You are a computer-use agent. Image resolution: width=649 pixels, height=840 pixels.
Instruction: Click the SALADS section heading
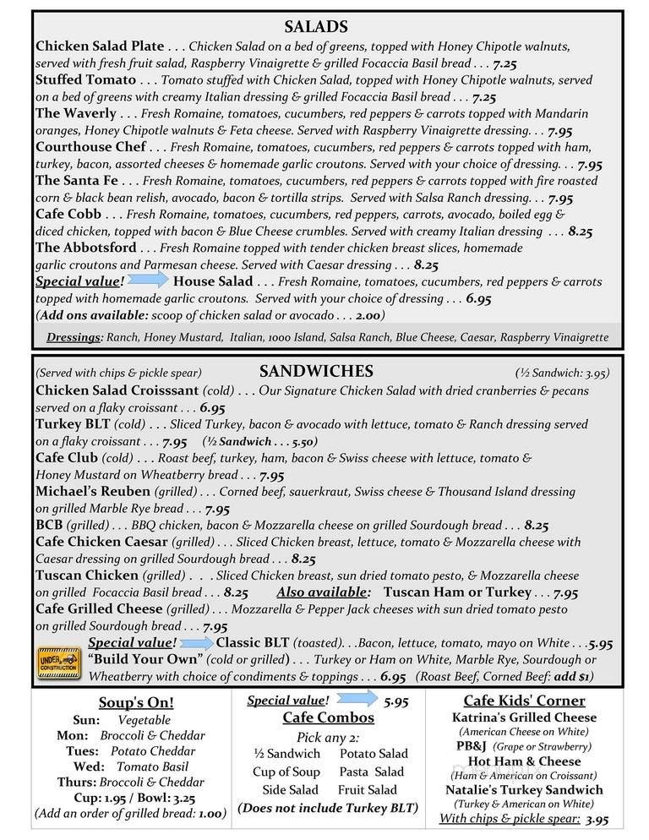(x=316, y=27)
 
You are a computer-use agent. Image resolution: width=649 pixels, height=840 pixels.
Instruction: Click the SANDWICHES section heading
(x=316, y=371)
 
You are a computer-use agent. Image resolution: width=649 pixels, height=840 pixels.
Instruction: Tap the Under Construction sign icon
(x=58, y=660)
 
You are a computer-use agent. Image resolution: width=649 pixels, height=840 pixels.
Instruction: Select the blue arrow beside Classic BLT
(x=194, y=641)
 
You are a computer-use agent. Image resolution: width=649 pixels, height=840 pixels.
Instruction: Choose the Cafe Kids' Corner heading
(x=525, y=701)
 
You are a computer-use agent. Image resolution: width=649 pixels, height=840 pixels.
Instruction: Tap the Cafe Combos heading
(x=329, y=717)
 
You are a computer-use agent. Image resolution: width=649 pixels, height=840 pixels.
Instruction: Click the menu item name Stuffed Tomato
(x=85, y=79)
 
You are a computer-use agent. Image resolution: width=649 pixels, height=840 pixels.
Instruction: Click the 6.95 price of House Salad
(x=478, y=298)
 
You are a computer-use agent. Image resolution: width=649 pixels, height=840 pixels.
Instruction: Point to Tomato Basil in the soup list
(x=151, y=767)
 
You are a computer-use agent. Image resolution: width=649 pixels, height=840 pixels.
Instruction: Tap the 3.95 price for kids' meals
(x=597, y=819)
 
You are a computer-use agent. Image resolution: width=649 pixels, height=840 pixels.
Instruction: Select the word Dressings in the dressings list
(x=74, y=336)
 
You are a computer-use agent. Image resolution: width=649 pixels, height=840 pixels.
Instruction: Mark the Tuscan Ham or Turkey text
(x=457, y=592)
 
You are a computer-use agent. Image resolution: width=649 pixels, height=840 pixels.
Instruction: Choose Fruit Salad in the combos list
(x=368, y=789)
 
